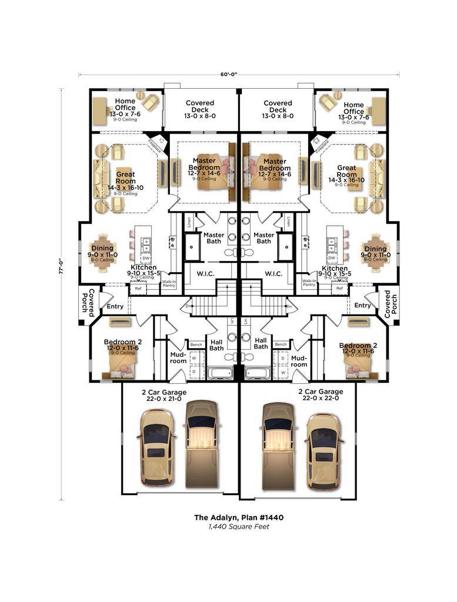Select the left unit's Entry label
pyautogui.click(x=115, y=306)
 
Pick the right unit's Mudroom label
pyautogui.click(x=299, y=360)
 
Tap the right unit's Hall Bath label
pyautogui.click(x=261, y=343)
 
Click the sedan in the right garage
pyautogui.click(x=323, y=450)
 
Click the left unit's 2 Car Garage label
pyautogui.click(x=164, y=395)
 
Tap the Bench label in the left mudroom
pyautogui.click(x=196, y=345)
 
